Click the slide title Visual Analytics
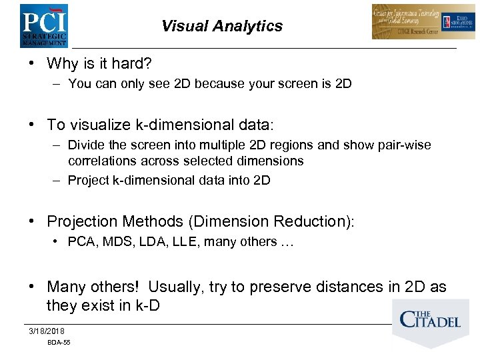pyautogui.click(x=221, y=26)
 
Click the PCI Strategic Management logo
pyautogui.click(x=43, y=25)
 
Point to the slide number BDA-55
pyautogui.click(x=59, y=343)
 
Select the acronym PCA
pyautogui.click(x=80, y=242)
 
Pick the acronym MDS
pyautogui.click(x=111, y=242)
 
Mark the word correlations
pyautogui.click(x=102, y=161)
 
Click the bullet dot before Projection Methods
pyautogui.click(x=31, y=221)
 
